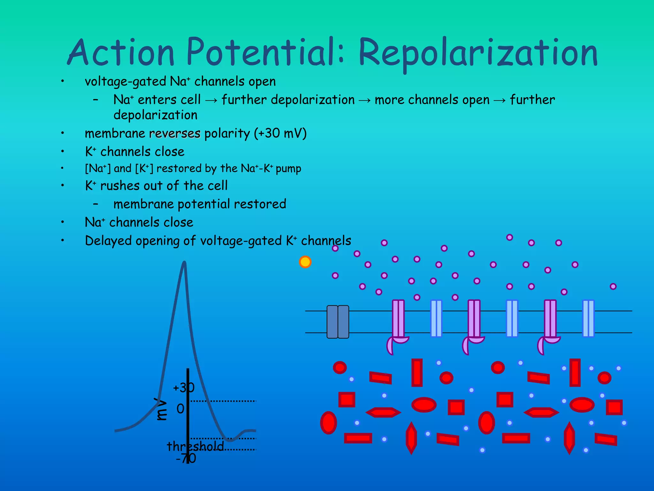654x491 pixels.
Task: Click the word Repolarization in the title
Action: [x=478, y=53]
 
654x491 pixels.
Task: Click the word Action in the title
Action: [x=121, y=53]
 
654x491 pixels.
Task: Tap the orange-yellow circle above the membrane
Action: [x=305, y=262]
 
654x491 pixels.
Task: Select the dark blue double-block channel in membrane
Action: [x=338, y=322]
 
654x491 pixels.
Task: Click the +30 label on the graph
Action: [x=183, y=388]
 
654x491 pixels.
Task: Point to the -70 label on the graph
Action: [x=186, y=458]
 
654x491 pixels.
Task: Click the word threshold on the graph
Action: [x=195, y=446]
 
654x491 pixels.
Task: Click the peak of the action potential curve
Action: [x=184, y=263]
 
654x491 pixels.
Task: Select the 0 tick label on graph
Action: [x=180, y=409]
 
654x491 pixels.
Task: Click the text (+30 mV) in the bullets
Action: [x=280, y=133]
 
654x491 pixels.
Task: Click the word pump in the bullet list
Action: [x=288, y=169]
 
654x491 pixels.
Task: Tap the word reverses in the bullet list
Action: [x=175, y=133]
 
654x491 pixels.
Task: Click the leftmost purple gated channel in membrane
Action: [x=398, y=320]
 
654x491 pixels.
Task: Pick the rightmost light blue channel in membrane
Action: [x=588, y=318]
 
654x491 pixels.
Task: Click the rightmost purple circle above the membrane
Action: [x=613, y=286]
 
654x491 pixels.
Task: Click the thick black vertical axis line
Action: [x=188, y=416]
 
